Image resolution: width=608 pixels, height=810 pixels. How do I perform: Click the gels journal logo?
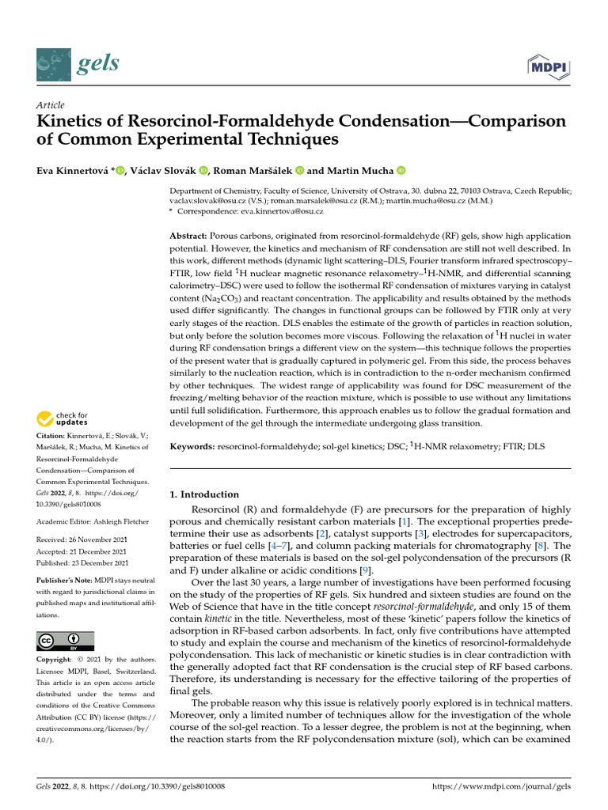pos(72,62)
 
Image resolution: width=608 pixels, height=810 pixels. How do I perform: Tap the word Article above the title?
pos(51,105)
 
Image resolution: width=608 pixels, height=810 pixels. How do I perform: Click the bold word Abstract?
pos(188,237)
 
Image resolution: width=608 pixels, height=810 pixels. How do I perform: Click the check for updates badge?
pos(63,418)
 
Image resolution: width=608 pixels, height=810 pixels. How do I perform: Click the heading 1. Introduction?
pos(205,494)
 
